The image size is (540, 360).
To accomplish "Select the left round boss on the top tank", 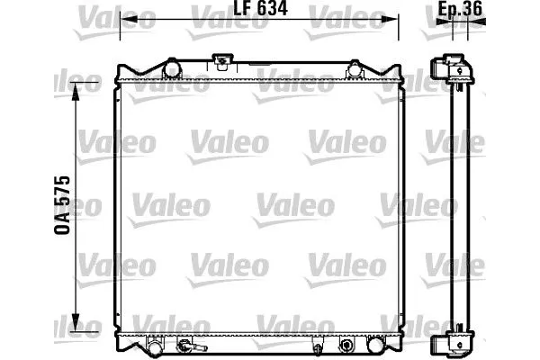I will click(171, 67).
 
